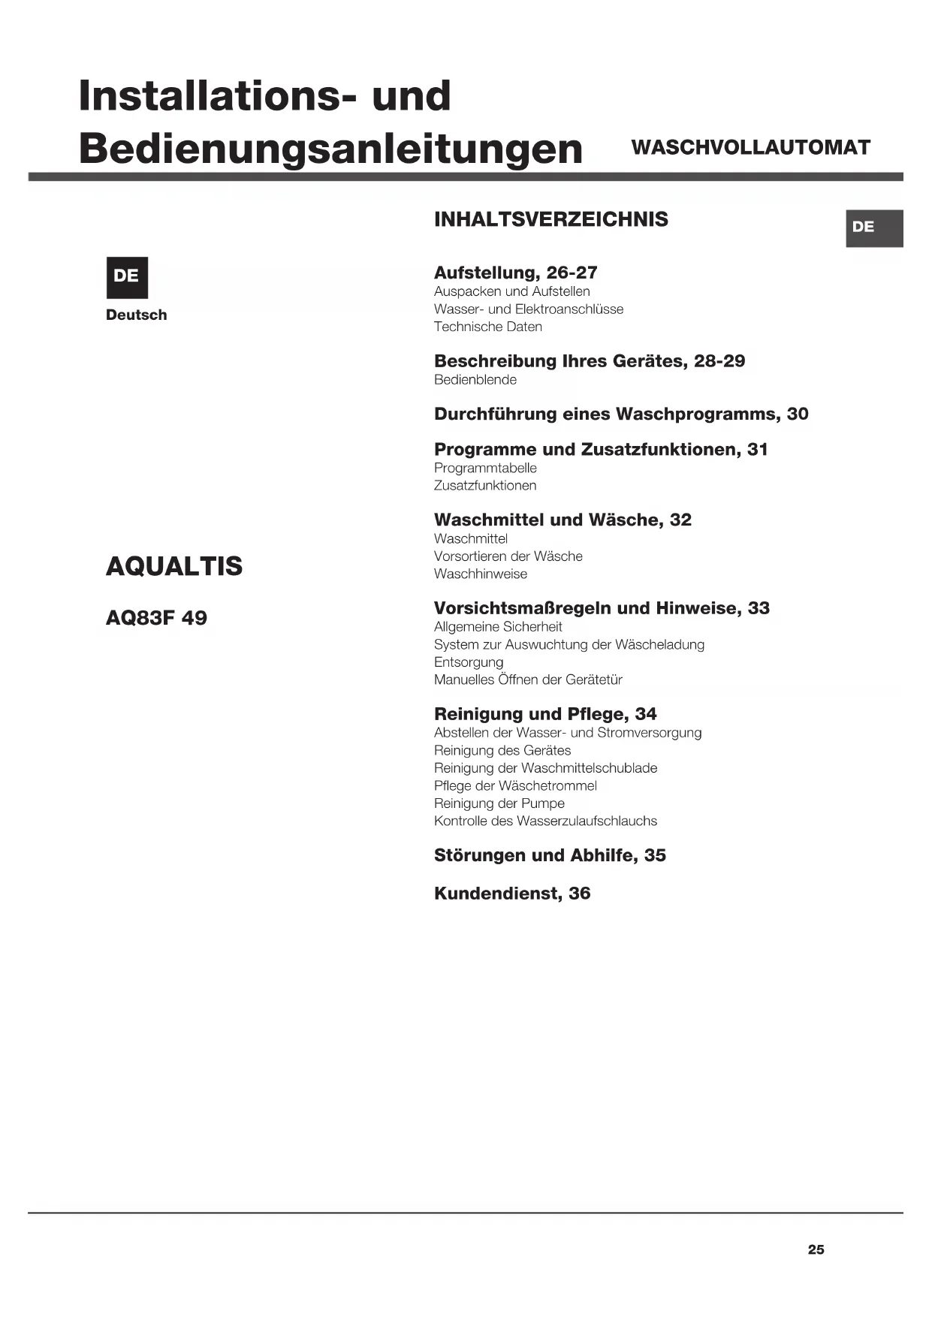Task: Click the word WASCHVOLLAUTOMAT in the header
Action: point(750,147)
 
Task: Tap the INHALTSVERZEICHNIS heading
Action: point(550,219)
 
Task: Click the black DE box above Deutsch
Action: point(126,277)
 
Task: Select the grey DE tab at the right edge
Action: point(873,228)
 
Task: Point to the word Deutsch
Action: point(136,315)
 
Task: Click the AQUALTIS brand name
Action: point(174,566)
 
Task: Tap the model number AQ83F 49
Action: point(156,618)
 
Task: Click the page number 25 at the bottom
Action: point(816,1249)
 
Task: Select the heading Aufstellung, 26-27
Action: point(515,273)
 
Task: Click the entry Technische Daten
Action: point(487,327)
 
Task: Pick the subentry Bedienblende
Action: point(475,380)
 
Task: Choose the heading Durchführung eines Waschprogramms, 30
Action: point(620,414)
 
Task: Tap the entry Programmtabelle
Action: point(485,468)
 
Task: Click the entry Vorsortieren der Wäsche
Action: point(508,556)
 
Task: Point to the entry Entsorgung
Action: point(468,662)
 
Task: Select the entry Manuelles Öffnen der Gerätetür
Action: point(527,680)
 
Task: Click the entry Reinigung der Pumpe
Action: point(499,803)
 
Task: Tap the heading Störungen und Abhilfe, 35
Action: point(549,855)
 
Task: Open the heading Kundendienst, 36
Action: point(511,894)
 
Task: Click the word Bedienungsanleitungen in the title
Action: point(330,148)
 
